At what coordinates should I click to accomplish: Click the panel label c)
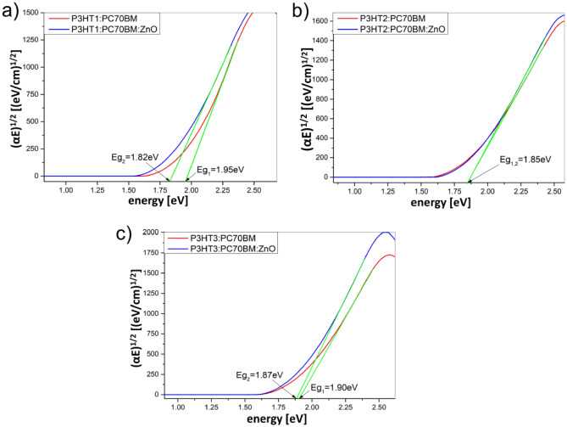click(x=124, y=227)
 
